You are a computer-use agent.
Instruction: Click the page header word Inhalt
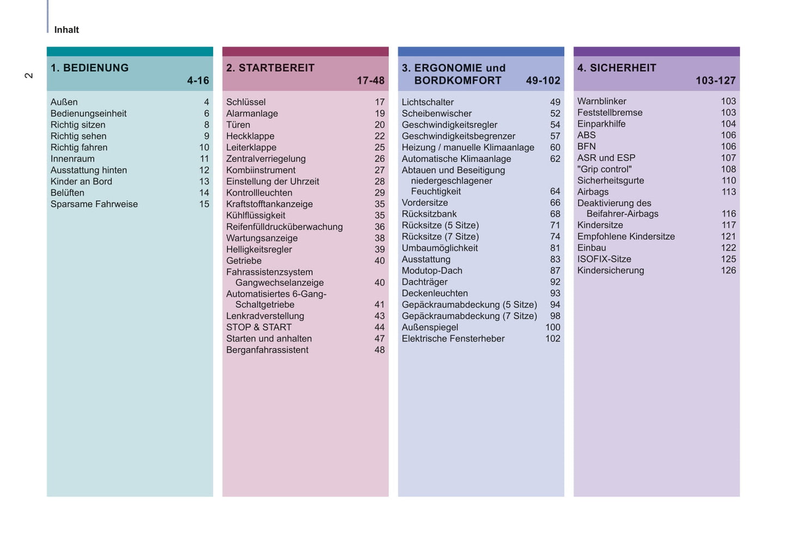66,30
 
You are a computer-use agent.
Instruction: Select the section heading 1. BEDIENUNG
89,68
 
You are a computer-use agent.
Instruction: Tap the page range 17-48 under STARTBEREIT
370,81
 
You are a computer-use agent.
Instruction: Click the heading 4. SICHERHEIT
617,68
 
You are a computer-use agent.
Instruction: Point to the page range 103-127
715,81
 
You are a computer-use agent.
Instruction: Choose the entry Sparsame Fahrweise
94,204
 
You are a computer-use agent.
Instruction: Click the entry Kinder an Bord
81,181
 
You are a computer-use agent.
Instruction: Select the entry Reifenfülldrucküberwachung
284,227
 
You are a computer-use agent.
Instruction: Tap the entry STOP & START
259,327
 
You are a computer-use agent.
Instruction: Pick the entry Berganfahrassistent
267,350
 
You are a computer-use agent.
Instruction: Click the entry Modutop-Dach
432,271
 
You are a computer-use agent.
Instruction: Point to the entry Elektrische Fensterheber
453,338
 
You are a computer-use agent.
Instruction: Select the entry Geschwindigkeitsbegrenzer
458,136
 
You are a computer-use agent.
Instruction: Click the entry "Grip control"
604,169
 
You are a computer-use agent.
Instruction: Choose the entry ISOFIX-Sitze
604,259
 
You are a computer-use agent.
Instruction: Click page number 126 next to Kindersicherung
728,270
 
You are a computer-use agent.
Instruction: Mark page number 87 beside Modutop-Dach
555,271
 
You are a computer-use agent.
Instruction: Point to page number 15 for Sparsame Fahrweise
204,204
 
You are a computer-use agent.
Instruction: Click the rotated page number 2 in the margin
29,75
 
